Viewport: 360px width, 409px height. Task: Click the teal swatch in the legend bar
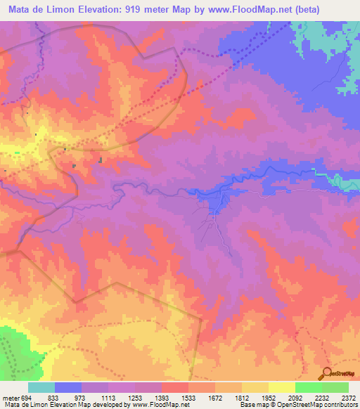pyautogui.click(x=41, y=387)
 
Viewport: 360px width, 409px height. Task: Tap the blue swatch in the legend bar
pyautogui.click(x=67, y=387)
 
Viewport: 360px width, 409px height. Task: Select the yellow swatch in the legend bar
pyautogui.click(x=281, y=387)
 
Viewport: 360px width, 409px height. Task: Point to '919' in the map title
pyautogui.click(x=137, y=10)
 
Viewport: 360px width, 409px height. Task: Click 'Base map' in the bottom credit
pyautogui.click(x=250, y=405)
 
